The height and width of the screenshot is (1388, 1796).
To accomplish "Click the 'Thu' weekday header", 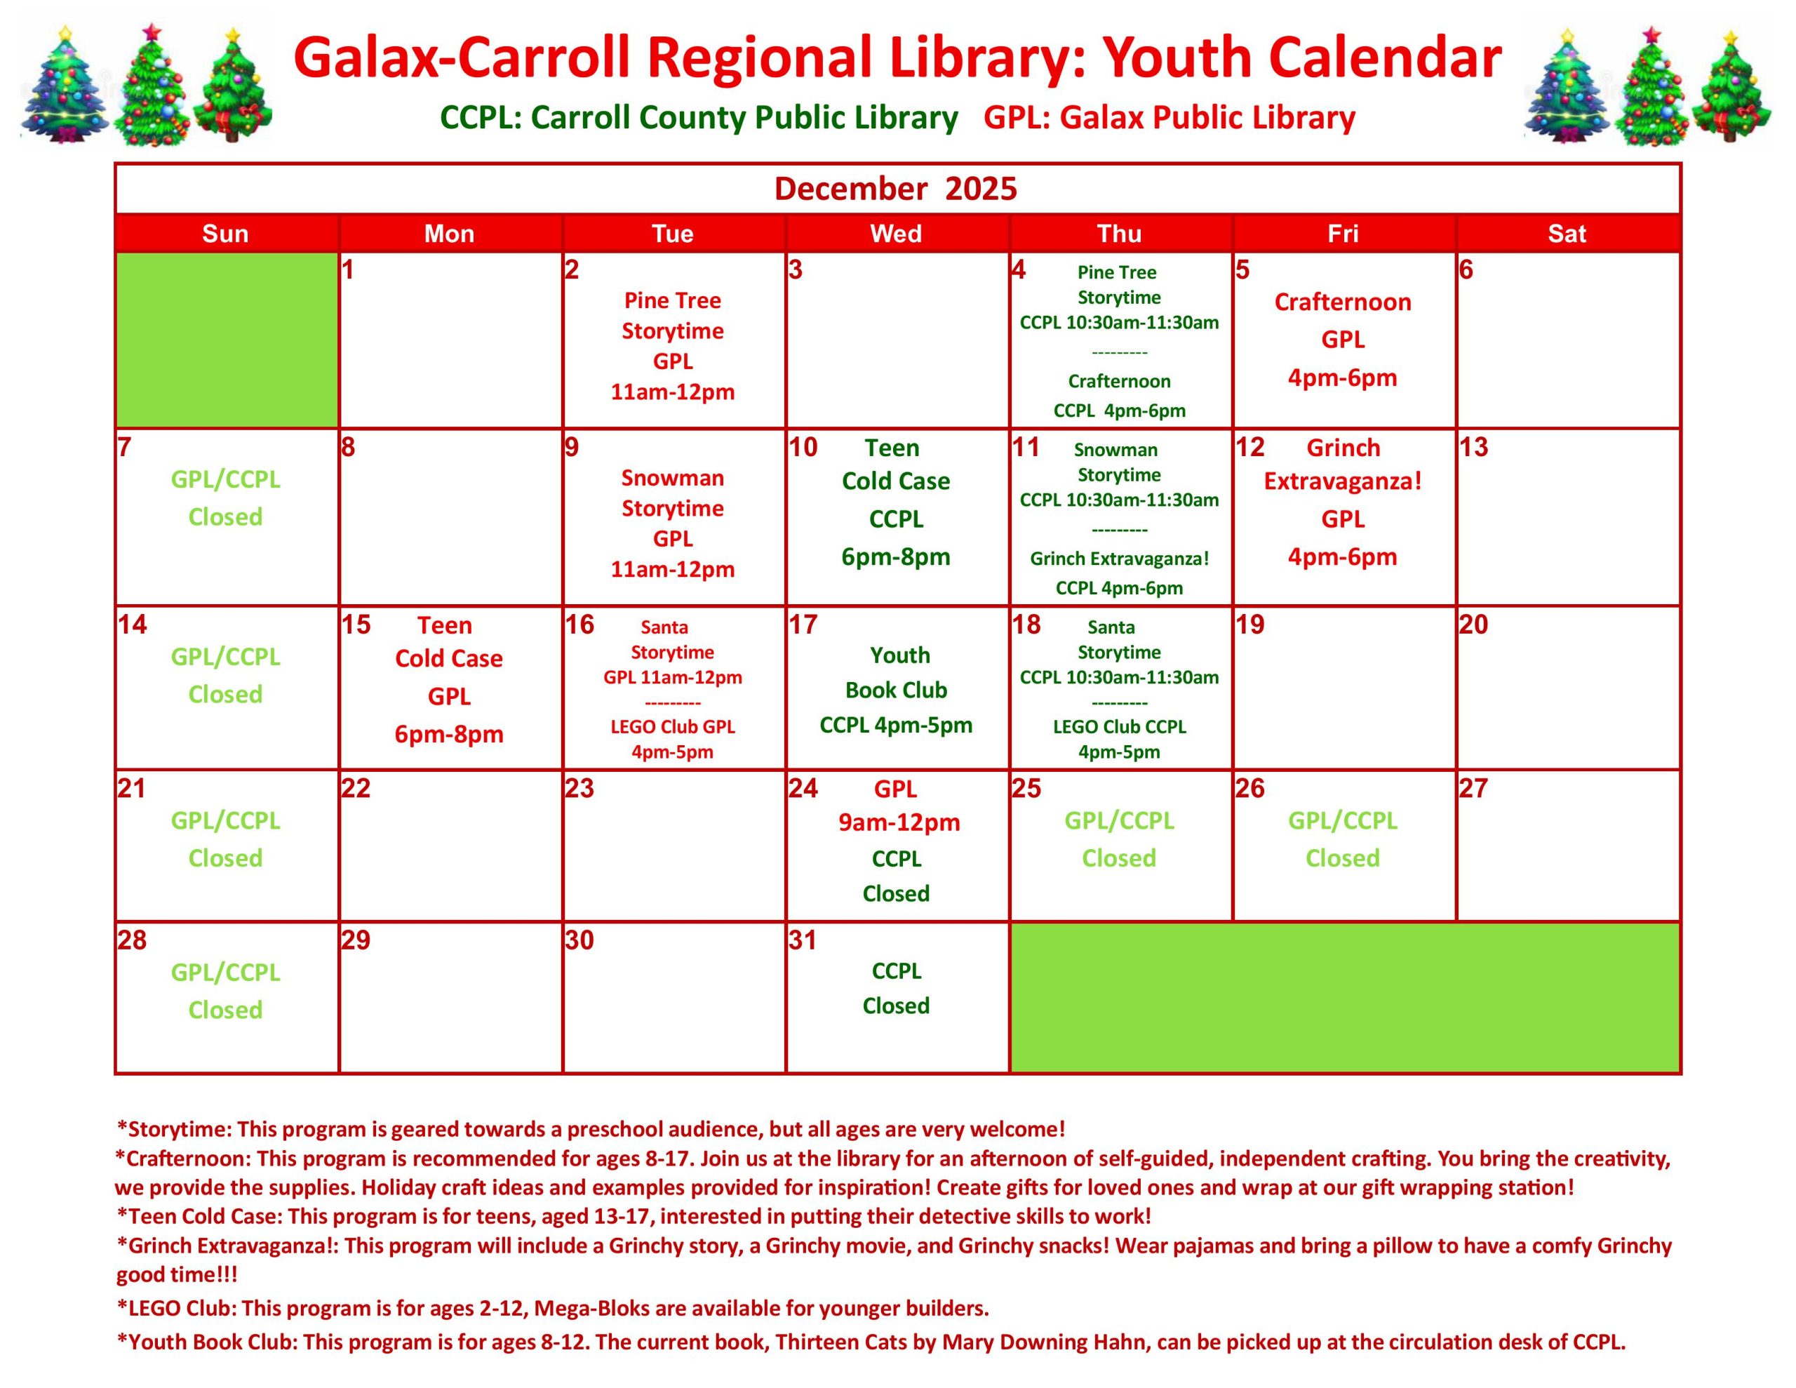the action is (x=1119, y=234).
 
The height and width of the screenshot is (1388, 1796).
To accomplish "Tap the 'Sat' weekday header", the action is (x=1567, y=234).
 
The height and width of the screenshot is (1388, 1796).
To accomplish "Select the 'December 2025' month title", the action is (x=895, y=189).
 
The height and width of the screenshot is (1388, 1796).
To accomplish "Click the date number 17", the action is (x=803, y=625).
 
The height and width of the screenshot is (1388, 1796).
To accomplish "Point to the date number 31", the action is (x=803, y=940).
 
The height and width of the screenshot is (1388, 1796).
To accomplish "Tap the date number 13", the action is (x=1474, y=447).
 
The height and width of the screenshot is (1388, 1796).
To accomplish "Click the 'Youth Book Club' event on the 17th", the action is (x=897, y=690).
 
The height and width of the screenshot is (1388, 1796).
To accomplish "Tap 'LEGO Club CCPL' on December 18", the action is (x=1119, y=739).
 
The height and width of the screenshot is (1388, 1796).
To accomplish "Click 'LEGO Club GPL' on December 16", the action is (x=673, y=739).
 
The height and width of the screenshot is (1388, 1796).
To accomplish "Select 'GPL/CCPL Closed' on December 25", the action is (x=1119, y=839).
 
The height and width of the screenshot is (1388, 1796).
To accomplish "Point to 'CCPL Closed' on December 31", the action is (x=897, y=988).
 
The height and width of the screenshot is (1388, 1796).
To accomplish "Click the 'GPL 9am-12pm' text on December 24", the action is (x=899, y=806).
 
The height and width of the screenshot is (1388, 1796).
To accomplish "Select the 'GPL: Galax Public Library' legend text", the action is (x=1170, y=118).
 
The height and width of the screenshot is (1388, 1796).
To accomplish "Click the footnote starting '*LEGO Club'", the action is (x=553, y=1307).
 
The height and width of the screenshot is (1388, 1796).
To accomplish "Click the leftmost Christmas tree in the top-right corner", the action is (x=1567, y=86).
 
